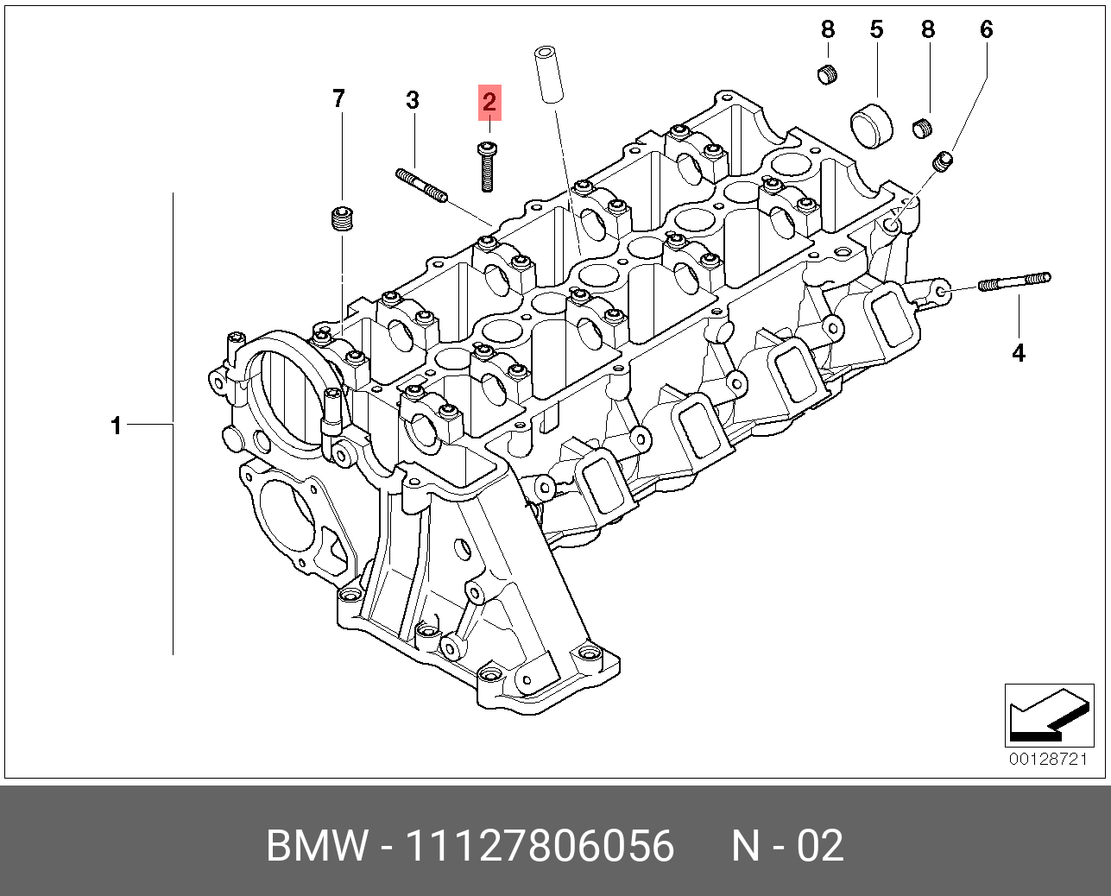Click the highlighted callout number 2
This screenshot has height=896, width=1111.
489,102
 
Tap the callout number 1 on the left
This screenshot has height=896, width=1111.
117,426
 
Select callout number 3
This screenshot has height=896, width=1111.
412,100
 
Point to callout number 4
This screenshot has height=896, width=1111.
1018,354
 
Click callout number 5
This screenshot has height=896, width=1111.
876,29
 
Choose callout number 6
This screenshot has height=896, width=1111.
986,29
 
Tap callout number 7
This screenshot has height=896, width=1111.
338,98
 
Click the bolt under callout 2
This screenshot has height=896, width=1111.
486,167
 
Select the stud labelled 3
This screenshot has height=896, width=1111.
421,186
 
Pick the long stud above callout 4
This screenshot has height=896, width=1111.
1014,281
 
